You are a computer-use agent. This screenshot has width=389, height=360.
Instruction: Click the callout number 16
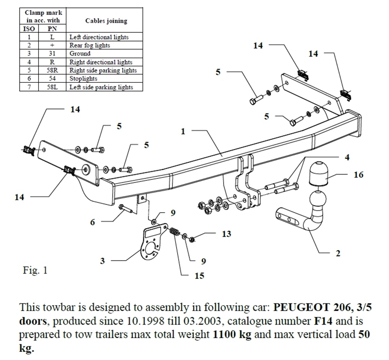(358, 175)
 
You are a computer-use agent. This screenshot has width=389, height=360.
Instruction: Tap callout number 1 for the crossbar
(183, 131)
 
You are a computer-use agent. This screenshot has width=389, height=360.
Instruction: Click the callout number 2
(338, 253)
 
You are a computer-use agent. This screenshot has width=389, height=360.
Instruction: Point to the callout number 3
(102, 260)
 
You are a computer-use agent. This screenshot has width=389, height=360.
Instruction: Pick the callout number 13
(226, 234)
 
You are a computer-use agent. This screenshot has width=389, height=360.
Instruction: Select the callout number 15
(199, 276)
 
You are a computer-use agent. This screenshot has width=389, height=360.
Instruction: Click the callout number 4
(347, 157)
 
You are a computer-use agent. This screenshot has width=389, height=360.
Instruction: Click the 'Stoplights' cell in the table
(83, 79)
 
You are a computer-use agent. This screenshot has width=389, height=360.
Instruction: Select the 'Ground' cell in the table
(80, 54)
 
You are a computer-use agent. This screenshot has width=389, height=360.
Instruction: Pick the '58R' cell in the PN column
(52, 70)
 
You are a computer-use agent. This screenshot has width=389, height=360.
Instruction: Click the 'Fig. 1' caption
(35, 270)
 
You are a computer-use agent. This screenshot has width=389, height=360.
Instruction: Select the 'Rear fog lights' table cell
(89, 45)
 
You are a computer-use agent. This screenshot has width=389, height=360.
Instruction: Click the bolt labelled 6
(127, 208)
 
